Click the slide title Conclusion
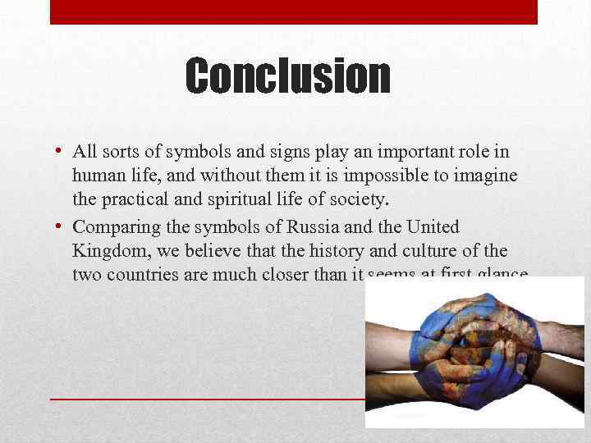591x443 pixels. tap(287, 75)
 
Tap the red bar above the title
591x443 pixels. tap(294, 11)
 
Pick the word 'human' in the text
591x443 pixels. tap(97, 175)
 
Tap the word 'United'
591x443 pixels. tap(432, 227)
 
